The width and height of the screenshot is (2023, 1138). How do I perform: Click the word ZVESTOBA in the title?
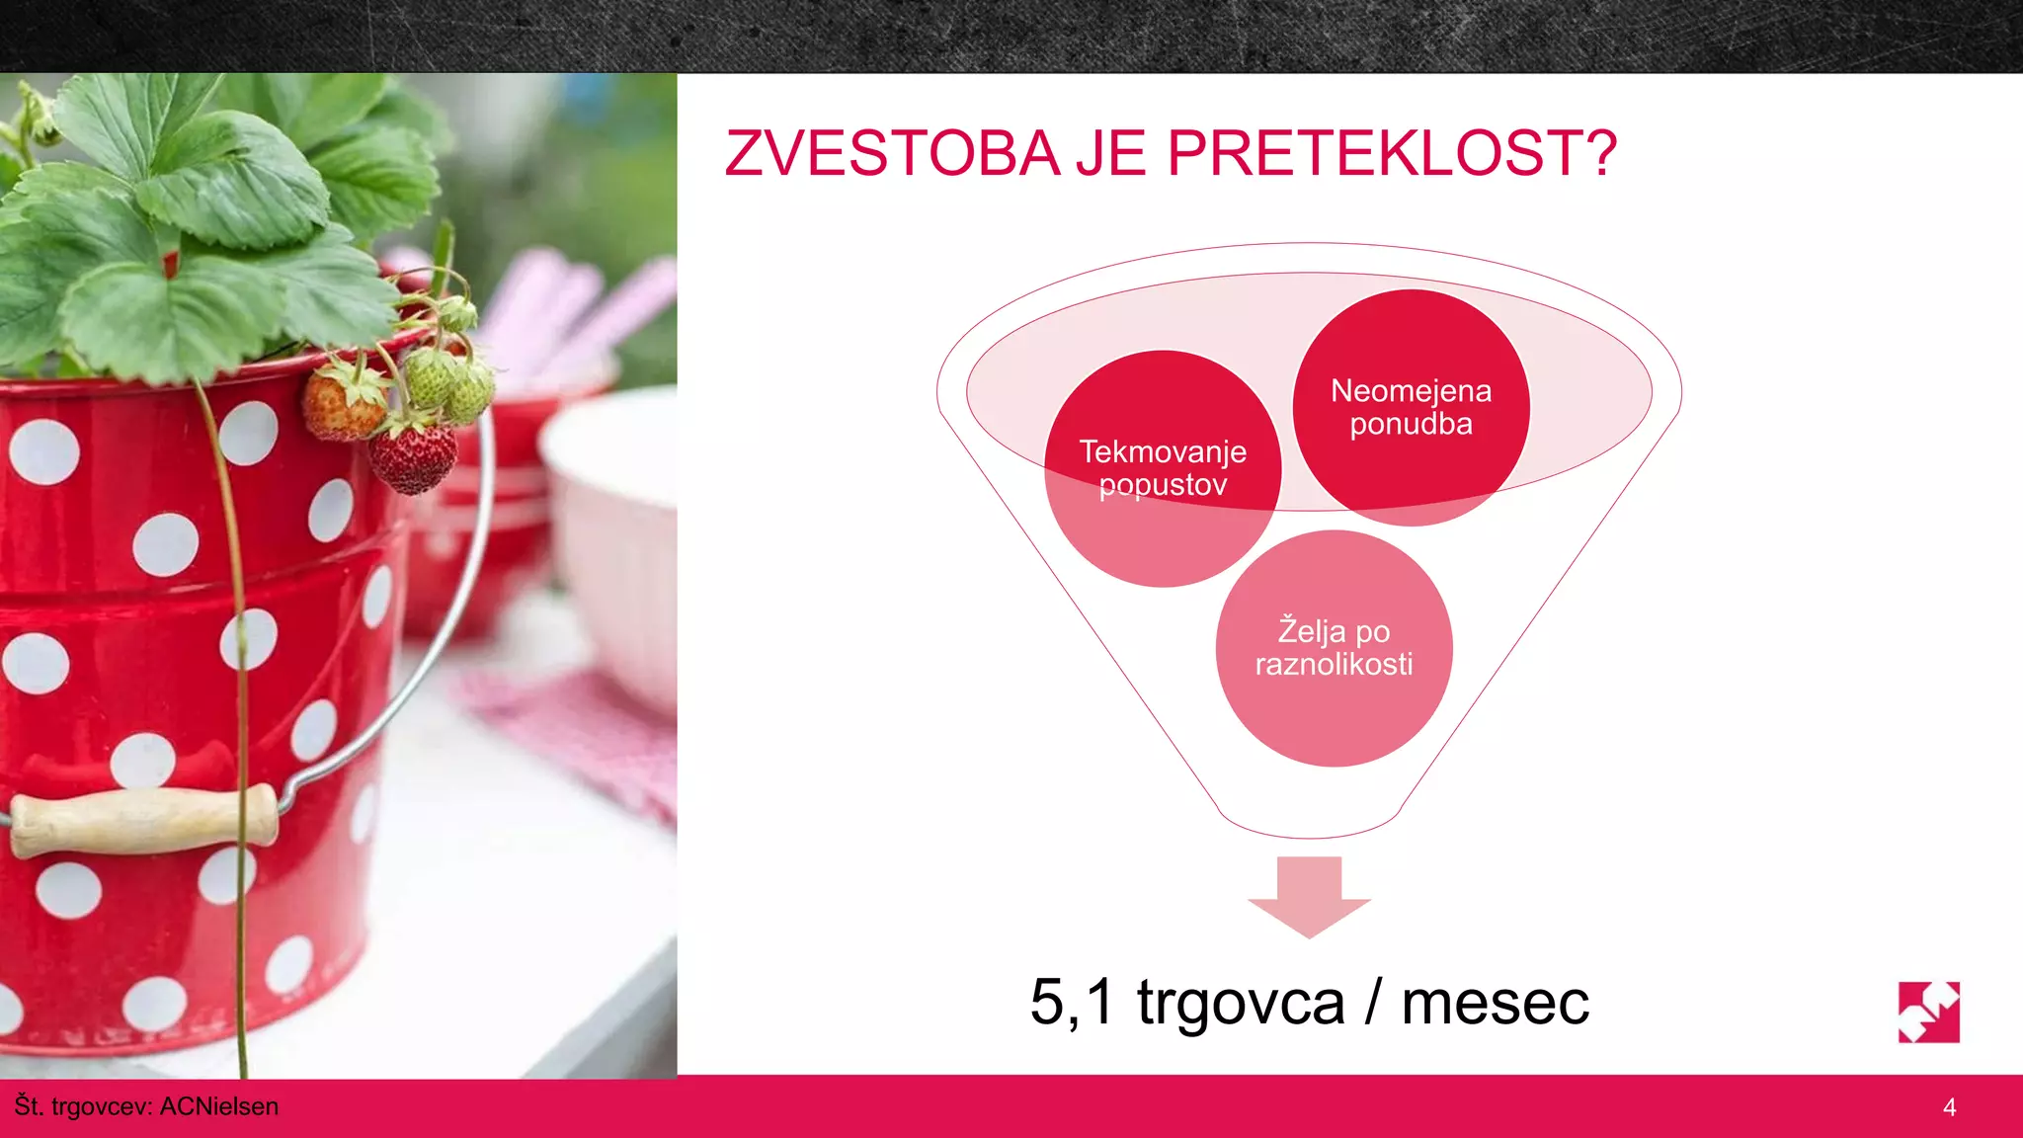[892, 154]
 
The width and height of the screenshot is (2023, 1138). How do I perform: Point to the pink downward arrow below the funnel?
[1309, 895]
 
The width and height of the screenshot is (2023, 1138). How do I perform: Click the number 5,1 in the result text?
[1071, 1002]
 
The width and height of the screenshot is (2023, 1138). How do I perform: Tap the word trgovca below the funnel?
[1241, 1004]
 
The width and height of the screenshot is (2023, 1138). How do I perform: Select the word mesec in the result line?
[1495, 1004]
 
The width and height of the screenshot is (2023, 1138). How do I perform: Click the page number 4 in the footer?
[1949, 1107]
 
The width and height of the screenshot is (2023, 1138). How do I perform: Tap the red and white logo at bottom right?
[1928, 1012]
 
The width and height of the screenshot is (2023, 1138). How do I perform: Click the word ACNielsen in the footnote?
[218, 1106]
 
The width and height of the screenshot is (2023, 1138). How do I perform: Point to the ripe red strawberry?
[414, 457]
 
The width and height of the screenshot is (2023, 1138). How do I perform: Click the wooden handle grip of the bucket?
[143, 820]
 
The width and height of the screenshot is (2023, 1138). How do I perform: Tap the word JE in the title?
[1111, 154]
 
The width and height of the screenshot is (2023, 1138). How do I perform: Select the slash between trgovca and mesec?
[1373, 1002]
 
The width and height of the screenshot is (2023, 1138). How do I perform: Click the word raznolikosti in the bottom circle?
[1334, 664]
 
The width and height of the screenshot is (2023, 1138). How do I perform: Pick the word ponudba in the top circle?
[1411, 424]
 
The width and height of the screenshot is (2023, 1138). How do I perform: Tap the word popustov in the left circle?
[1163, 485]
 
